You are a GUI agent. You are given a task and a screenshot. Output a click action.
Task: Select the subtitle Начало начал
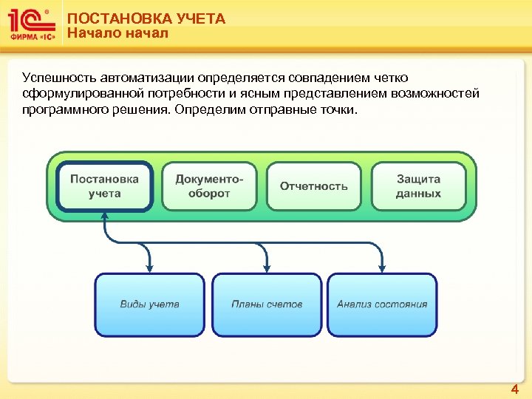[117, 33]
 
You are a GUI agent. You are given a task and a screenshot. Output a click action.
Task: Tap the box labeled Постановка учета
[104, 186]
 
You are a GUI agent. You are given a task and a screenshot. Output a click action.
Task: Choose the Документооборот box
[209, 186]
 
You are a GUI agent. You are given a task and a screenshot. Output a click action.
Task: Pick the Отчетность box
[313, 186]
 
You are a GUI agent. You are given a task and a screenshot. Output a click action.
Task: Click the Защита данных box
[418, 186]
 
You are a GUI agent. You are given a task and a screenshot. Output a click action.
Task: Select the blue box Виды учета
[149, 304]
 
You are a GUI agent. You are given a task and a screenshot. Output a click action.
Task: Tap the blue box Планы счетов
[267, 304]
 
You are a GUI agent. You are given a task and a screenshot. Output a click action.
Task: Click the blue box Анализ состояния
[382, 304]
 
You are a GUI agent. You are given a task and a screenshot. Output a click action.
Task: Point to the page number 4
[515, 389]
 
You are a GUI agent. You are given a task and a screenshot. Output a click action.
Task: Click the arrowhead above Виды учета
[151, 267]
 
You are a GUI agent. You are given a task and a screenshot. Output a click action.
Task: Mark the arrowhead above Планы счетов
[267, 267]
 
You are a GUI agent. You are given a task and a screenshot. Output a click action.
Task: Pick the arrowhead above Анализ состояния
[382, 267]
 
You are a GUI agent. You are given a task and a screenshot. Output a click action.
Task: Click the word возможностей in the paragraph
[437, 94]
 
